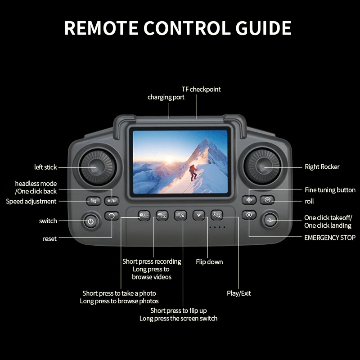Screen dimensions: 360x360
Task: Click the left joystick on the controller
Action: tap(96, 167)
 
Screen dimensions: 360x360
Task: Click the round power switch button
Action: tap(91, 221)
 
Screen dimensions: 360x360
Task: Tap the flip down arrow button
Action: tap(199, 216)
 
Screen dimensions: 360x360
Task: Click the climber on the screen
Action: tap(193, 172)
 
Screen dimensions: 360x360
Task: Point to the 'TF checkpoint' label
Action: tap(201, 89)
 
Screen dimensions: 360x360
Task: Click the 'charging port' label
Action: tap(166, 97)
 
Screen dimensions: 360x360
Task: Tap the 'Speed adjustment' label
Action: tap(31, 201)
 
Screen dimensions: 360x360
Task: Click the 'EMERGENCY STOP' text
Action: tap(330, 238)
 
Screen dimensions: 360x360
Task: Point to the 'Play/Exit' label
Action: tap(238, 293)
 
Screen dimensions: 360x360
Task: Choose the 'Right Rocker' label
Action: tap(322, 167)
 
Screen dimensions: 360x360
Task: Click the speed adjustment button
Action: tap(93, 201)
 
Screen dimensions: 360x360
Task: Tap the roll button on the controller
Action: tap(267, 200)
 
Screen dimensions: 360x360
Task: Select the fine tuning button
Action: tap(249, 200)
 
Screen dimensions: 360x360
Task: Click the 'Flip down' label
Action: tap(209, 262)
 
